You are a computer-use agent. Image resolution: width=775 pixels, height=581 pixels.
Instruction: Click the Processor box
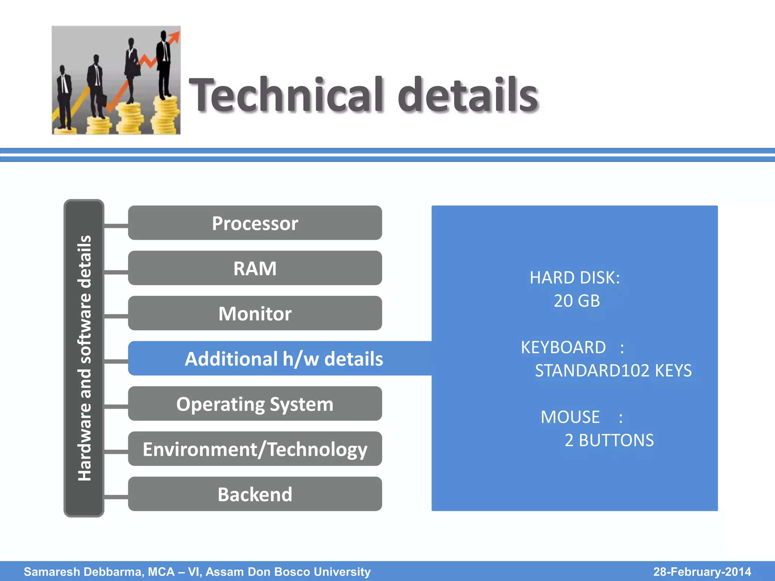tap(255, 223)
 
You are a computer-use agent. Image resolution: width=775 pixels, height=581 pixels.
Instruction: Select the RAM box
tap(255, 268)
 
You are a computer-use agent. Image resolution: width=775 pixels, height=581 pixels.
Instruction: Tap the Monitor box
tap(255, 313)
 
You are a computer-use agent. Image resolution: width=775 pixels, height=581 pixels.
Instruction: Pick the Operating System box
tap(255, 404)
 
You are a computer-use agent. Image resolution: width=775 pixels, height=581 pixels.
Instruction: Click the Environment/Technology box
tap(255, 449)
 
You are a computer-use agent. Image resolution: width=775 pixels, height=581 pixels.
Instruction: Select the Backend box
tap(255, 494)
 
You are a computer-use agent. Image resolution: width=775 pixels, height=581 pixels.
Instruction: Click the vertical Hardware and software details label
tap(84, 358)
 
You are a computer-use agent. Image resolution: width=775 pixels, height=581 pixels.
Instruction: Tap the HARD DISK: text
tap(574, 278)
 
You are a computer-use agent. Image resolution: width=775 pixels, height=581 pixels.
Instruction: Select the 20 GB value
tap(577, 301)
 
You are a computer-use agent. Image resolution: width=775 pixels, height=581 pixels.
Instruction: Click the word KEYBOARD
tap(563, 347)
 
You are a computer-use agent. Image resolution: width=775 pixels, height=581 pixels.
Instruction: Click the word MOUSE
tap(570, 417)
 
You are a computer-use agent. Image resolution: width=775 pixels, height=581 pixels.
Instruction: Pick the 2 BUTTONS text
tap(609, 440)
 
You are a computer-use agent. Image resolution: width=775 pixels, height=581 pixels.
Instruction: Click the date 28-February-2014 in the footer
tap(702, 572)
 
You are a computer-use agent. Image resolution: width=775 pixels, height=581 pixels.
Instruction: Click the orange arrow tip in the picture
tap(176, 35)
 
